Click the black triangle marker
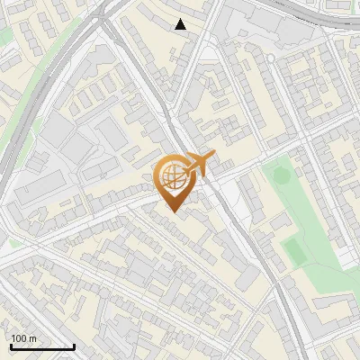click(180, 24)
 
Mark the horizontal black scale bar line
click(42, 346)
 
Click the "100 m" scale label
click(24, 338)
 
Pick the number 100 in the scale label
click(20, 338)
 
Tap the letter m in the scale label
click(33, 339)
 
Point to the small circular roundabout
click(269, 58)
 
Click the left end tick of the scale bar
click(11, 345)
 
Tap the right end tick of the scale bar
click(74, 345)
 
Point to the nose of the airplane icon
click(214, 157)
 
